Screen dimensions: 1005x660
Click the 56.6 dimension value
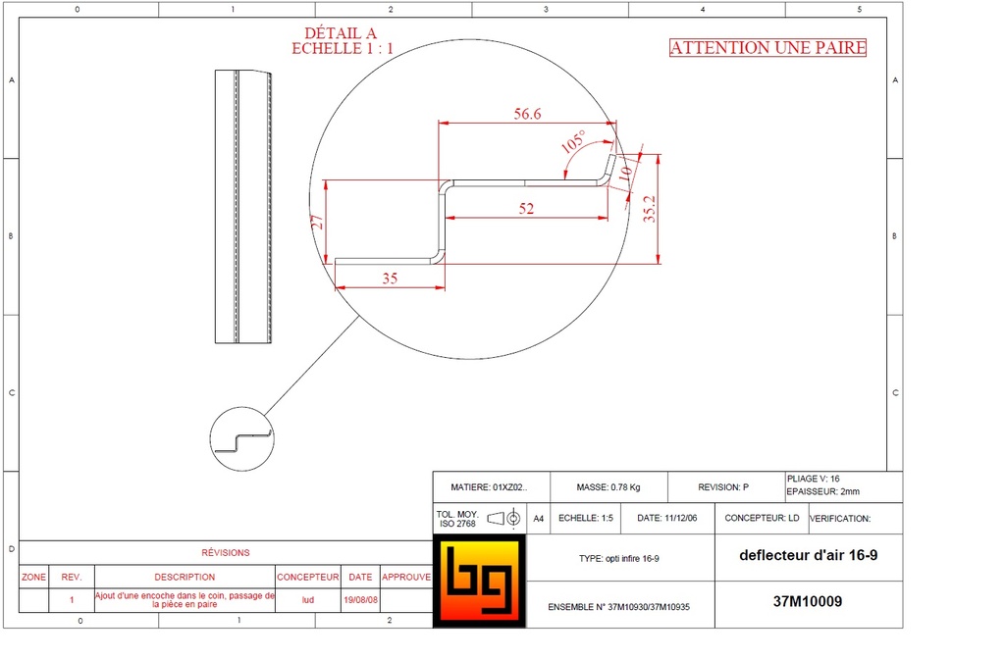[527, 114]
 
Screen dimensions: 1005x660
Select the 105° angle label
[573, 141]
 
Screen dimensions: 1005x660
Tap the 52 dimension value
[526, 209]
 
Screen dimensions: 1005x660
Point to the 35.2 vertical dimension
[650, 209]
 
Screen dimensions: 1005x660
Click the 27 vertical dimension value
[317, 222]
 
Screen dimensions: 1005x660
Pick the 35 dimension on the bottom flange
[390, 279]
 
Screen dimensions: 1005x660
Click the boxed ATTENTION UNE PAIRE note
[767, 48]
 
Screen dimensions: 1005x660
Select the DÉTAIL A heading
[341, 32]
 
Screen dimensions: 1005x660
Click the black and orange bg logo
[479, 582]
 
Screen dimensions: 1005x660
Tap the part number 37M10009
[808, 602]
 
